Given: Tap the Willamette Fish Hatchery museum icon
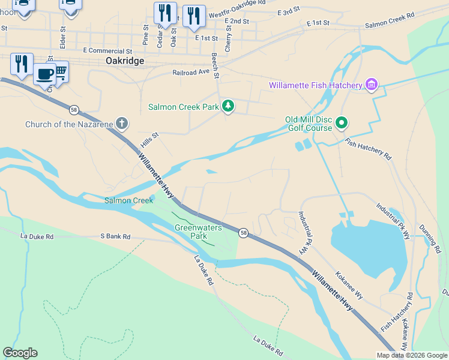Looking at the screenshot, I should (x=372, y=85).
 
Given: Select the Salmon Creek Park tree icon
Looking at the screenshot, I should (x=228, y=107).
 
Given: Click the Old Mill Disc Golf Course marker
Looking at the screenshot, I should (x=342, y=124).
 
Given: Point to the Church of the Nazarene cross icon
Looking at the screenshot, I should (x=122, y=124).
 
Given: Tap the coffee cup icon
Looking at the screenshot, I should (x=45, y=74).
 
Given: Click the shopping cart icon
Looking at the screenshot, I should (x=61, y=72).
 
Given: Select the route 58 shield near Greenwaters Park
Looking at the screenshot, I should (x=243, y=232).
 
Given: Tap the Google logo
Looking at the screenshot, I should (x=20, y=353).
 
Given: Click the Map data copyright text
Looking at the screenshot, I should (x=412, y=355).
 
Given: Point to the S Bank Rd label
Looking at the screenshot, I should (x=115, y=237).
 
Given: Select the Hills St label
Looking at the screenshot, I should (x=149, y=139).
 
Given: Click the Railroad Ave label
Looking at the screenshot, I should (x=191, y=70).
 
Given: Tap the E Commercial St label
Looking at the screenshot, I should (x=108, y=51).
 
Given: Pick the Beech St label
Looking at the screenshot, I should (x=215, y=66).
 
